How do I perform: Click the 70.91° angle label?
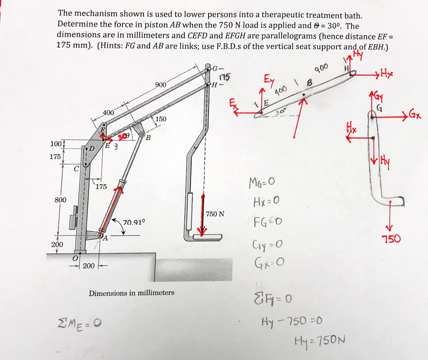(134, 222)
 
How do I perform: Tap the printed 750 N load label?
(215, 214)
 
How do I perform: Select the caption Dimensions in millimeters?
(132, 293)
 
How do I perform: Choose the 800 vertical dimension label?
(61, 200)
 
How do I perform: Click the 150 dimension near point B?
(161, 119)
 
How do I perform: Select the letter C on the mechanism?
(76, 169)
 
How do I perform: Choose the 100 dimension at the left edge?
(56, 144)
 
